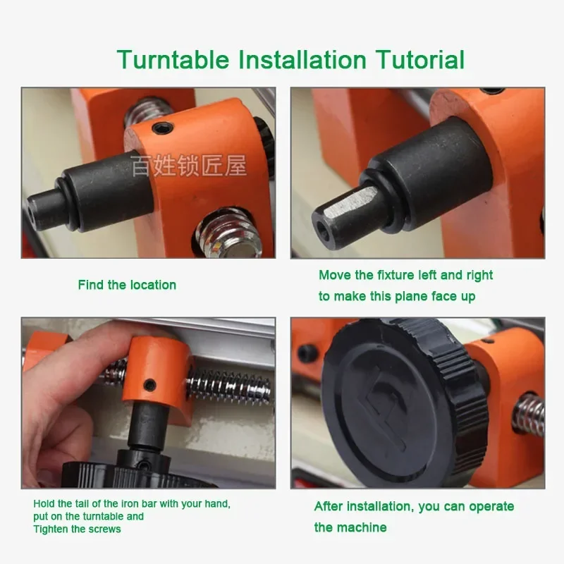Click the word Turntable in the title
(x=173, y=60)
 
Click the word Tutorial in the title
(x=420, y=60)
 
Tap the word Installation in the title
(x=302, y=60)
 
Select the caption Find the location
(x=127, y=285)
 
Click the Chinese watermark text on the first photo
(x=188, y=166)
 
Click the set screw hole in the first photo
(x=163, y=127)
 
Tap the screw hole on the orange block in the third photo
(x=149, y=385)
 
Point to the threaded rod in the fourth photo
(x=528, y=417)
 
